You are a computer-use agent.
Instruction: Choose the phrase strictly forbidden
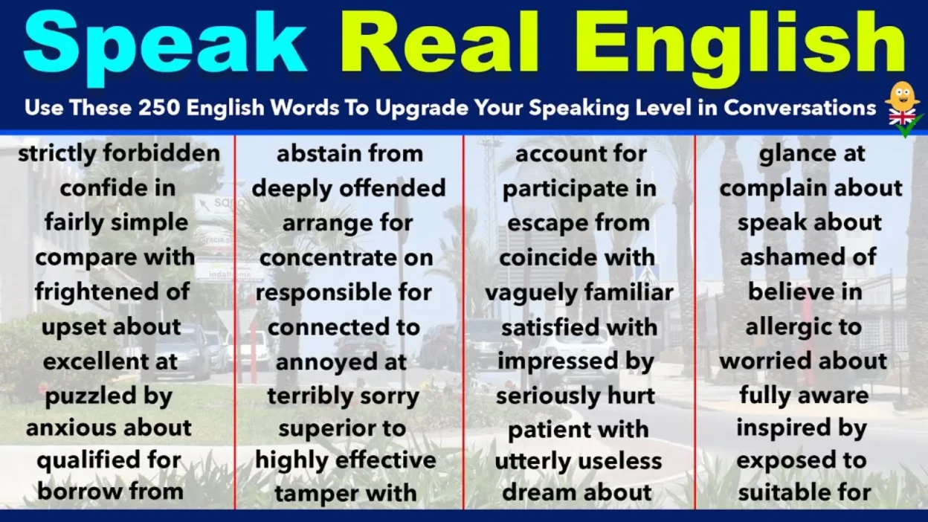coord(119,154)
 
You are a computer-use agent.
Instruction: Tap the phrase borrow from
coord(111,491)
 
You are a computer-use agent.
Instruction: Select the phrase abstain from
coord(349,154)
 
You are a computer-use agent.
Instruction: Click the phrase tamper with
coord(346,492)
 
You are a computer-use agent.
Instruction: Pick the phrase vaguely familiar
coord(579,292)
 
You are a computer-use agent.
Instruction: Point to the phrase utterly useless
coord(579,461)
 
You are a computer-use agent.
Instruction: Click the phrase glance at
coord(812,154)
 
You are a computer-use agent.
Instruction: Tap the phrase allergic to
coord(804,326)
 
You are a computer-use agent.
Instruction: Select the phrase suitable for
coord(805,492)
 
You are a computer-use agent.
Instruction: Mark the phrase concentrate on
coord(347,257)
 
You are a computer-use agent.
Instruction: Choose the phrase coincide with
coord(576,257)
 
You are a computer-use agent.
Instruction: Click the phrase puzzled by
coord(109,396)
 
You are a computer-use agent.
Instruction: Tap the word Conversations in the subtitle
coord(800,108)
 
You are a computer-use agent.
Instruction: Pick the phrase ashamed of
coord(808,257)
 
